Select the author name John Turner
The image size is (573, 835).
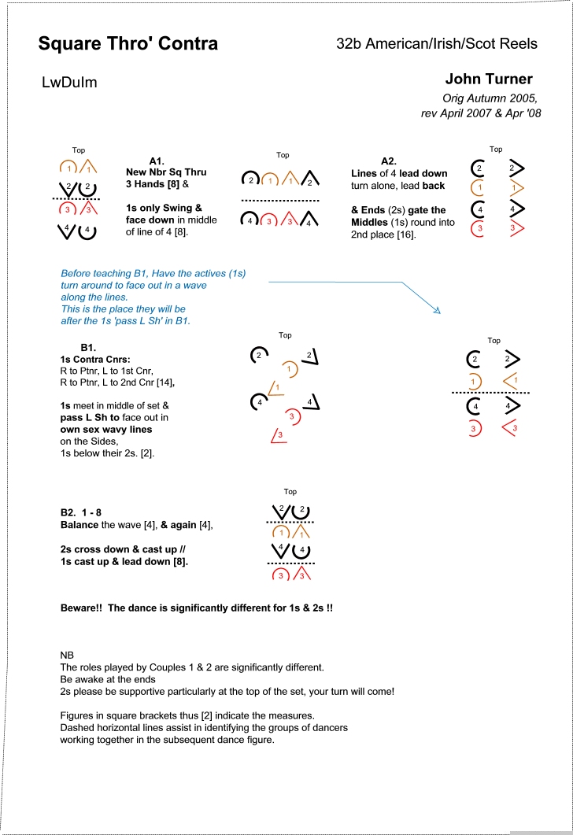[x=488, y=79]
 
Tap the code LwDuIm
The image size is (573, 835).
[x=69, y=82]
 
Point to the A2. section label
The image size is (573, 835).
[x=390, y=161]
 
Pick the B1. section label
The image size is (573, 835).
[x=88, y=347]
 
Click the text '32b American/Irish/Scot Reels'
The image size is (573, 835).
[x=436, y=43]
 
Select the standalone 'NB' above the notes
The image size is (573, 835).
[x=68, y=655]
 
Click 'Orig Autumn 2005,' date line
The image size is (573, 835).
[x=490, y=98]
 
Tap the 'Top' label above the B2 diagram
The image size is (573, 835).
[x=290, y=492]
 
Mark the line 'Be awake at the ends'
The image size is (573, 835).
[x=109, y=679]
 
